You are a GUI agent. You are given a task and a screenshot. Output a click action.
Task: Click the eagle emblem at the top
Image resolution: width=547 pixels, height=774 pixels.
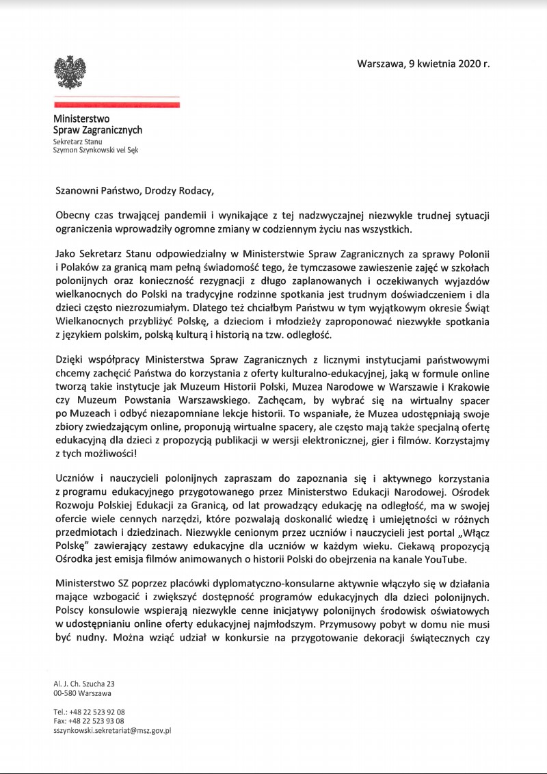click(x=70, y=73)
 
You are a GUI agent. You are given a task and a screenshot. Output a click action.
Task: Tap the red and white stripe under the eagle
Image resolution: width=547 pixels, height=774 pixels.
click(x=116, y=104)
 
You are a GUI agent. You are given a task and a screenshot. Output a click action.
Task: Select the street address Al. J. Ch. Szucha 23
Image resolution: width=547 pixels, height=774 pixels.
click(x=83, y=684)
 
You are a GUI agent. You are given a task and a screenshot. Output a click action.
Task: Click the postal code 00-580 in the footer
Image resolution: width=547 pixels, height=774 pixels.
click(x=67, y=693)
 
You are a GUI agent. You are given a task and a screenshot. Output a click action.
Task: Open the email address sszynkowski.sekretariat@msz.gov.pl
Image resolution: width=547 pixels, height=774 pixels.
click(x=112, y=730)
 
